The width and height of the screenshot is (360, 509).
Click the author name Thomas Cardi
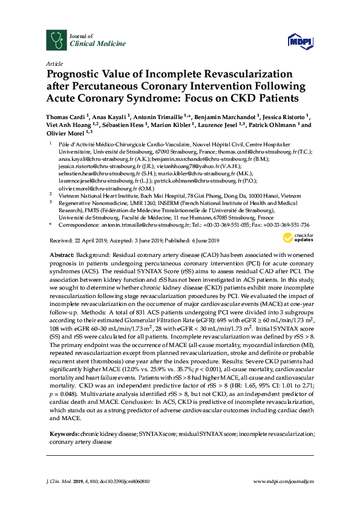tap(64, 116)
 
